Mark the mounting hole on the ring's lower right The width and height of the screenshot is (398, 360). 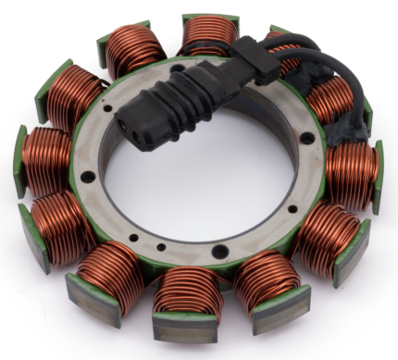pos(281,218)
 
